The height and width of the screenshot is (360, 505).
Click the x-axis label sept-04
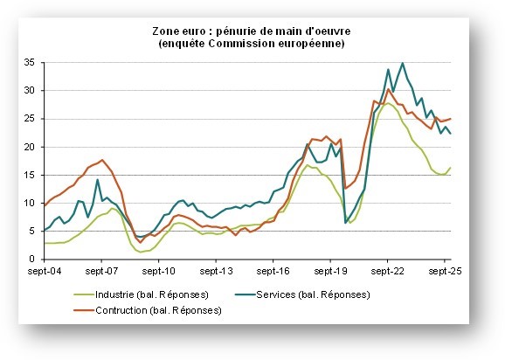pos(45,273)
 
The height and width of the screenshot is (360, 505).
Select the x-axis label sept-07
pos(102,273)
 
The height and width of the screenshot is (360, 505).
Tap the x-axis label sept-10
pos(160,273)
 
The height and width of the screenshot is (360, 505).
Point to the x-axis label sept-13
pos(217,273)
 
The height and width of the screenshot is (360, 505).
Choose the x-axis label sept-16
pos(273,273)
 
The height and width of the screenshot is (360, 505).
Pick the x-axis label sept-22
pos(388,273)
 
